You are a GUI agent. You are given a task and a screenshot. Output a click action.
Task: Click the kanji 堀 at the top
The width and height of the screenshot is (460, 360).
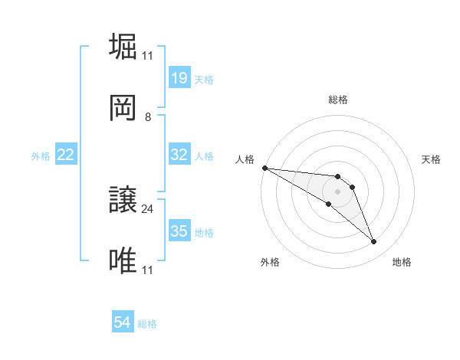[x=124, y=46]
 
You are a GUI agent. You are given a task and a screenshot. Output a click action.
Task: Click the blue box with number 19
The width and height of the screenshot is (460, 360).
[x=179, y=78]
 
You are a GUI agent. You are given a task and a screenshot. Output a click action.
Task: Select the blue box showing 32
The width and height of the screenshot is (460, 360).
[x=179, y=155]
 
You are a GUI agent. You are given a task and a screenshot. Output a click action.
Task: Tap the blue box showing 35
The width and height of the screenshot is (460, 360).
[x=179, y=231]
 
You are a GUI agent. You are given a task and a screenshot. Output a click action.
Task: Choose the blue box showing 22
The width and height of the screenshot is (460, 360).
[x=66, y=155]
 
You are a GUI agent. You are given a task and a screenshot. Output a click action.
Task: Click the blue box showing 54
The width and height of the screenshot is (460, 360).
[x=123, y=323]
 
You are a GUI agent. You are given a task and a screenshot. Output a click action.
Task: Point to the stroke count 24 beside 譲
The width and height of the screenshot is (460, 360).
[x=148, y=208]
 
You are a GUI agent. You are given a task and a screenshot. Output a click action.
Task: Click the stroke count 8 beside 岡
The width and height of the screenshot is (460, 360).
[x=148, y=116]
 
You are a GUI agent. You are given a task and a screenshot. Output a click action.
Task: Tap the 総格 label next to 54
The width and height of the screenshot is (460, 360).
[x=147, y=324]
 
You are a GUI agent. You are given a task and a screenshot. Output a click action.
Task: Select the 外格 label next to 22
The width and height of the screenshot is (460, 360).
[x=41, y=155]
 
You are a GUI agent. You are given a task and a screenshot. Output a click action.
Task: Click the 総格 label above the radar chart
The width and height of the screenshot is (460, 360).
[x=337, y=100]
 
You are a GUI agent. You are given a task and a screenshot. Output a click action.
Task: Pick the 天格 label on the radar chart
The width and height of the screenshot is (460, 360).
[x=432, y=159]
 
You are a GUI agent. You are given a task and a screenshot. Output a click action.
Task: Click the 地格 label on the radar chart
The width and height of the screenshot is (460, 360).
[x=402, y=262]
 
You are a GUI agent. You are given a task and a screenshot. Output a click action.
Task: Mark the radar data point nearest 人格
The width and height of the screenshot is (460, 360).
[x=264, y=168]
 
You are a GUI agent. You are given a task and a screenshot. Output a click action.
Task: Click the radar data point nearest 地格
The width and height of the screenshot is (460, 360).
[x=374, y=242]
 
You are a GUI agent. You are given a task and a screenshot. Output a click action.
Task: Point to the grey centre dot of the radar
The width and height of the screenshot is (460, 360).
[x=337, y=191]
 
